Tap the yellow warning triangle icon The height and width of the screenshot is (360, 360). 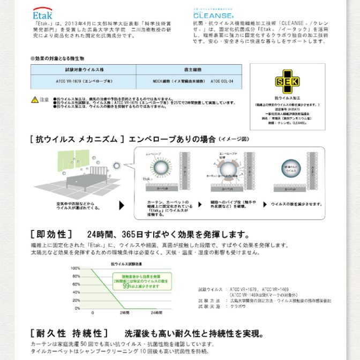pos(34,100)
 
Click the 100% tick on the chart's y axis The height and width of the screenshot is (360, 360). pos(76,268)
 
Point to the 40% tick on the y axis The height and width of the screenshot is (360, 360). pos(77,292)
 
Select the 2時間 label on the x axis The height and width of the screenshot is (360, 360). pos(125,312)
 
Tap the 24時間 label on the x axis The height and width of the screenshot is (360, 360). pos(156,312)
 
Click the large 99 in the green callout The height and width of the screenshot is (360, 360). pos(127,287)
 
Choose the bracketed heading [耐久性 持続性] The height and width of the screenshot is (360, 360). pos(70,333)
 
